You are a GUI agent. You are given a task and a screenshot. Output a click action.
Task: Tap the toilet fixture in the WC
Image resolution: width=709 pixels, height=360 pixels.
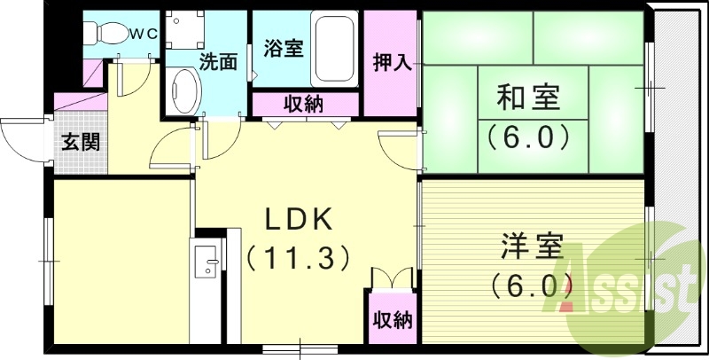(x=105, y=33)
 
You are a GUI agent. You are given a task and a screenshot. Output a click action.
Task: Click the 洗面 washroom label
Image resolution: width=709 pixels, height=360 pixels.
(x=217, y=62)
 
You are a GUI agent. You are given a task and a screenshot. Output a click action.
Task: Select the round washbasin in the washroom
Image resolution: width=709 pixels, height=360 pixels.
(x=184, y=91)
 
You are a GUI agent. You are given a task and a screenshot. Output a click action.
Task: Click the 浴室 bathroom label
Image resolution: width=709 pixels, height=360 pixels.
(x=284, y=49)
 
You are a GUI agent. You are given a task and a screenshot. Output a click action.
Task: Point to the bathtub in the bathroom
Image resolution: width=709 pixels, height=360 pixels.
(x=335, y=47)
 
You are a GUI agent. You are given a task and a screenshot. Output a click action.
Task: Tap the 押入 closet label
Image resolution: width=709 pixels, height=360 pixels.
(x=391, y=62)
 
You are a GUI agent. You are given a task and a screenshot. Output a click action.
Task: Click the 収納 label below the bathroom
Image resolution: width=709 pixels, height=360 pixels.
(x=303, y=104)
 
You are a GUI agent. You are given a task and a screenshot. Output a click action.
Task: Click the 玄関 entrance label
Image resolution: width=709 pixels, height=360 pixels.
(x=80, y=141)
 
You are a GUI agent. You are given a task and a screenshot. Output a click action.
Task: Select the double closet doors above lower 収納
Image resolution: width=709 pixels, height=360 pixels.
(x=391, y=276)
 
